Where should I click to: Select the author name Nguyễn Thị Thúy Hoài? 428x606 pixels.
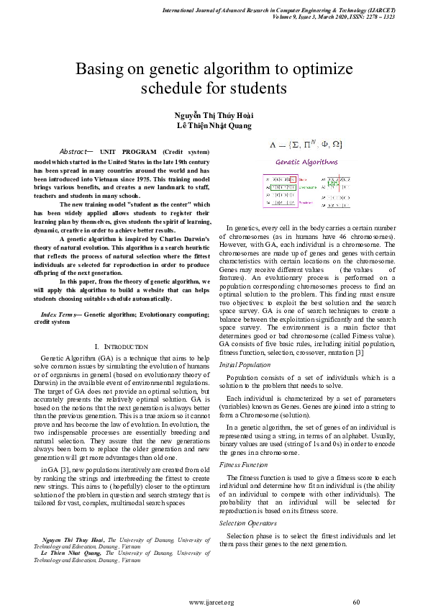tap(214, 115)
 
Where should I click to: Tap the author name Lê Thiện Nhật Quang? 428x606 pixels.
tap(214, 126)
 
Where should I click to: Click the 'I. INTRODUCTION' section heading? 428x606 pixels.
tap(122, 347)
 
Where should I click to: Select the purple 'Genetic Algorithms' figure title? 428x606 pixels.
tap(306, 162)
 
